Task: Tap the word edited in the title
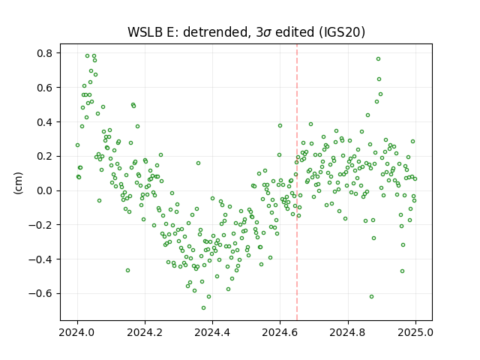click(x=295, y=32)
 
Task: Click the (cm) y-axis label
click(x=18, y=183)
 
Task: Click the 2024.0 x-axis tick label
click(x=77, y=332)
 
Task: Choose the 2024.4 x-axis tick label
click(x=212, y=332)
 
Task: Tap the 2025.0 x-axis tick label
click(x=415, y=332)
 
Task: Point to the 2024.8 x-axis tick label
click(x=348, y=332)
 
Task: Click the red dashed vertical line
click(x=297, y=182)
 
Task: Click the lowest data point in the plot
click(x=203, y=308)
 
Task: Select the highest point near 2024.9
click(x=378, y=58)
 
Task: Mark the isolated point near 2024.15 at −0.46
click(x=128, y=270)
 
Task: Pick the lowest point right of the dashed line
click(x=372, y=297)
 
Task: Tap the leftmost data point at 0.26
click(x=77, y=145)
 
